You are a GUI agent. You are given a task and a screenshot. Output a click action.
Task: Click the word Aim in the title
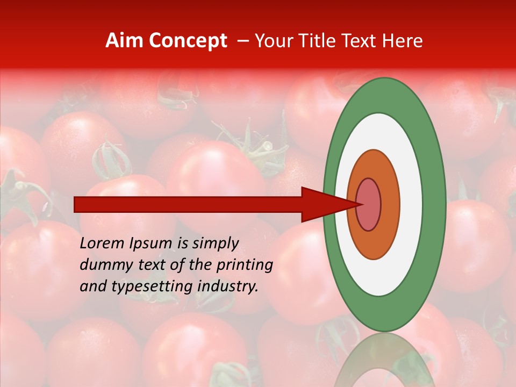tap(125, 41)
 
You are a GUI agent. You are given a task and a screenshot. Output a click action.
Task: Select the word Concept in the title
tap(188, 41)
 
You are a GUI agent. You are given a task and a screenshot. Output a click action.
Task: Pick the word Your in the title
tap(273, 41)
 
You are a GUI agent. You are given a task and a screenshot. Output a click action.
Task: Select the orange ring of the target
tap(390, 204)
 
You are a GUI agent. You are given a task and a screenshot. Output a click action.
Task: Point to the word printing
tap(245, 266)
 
